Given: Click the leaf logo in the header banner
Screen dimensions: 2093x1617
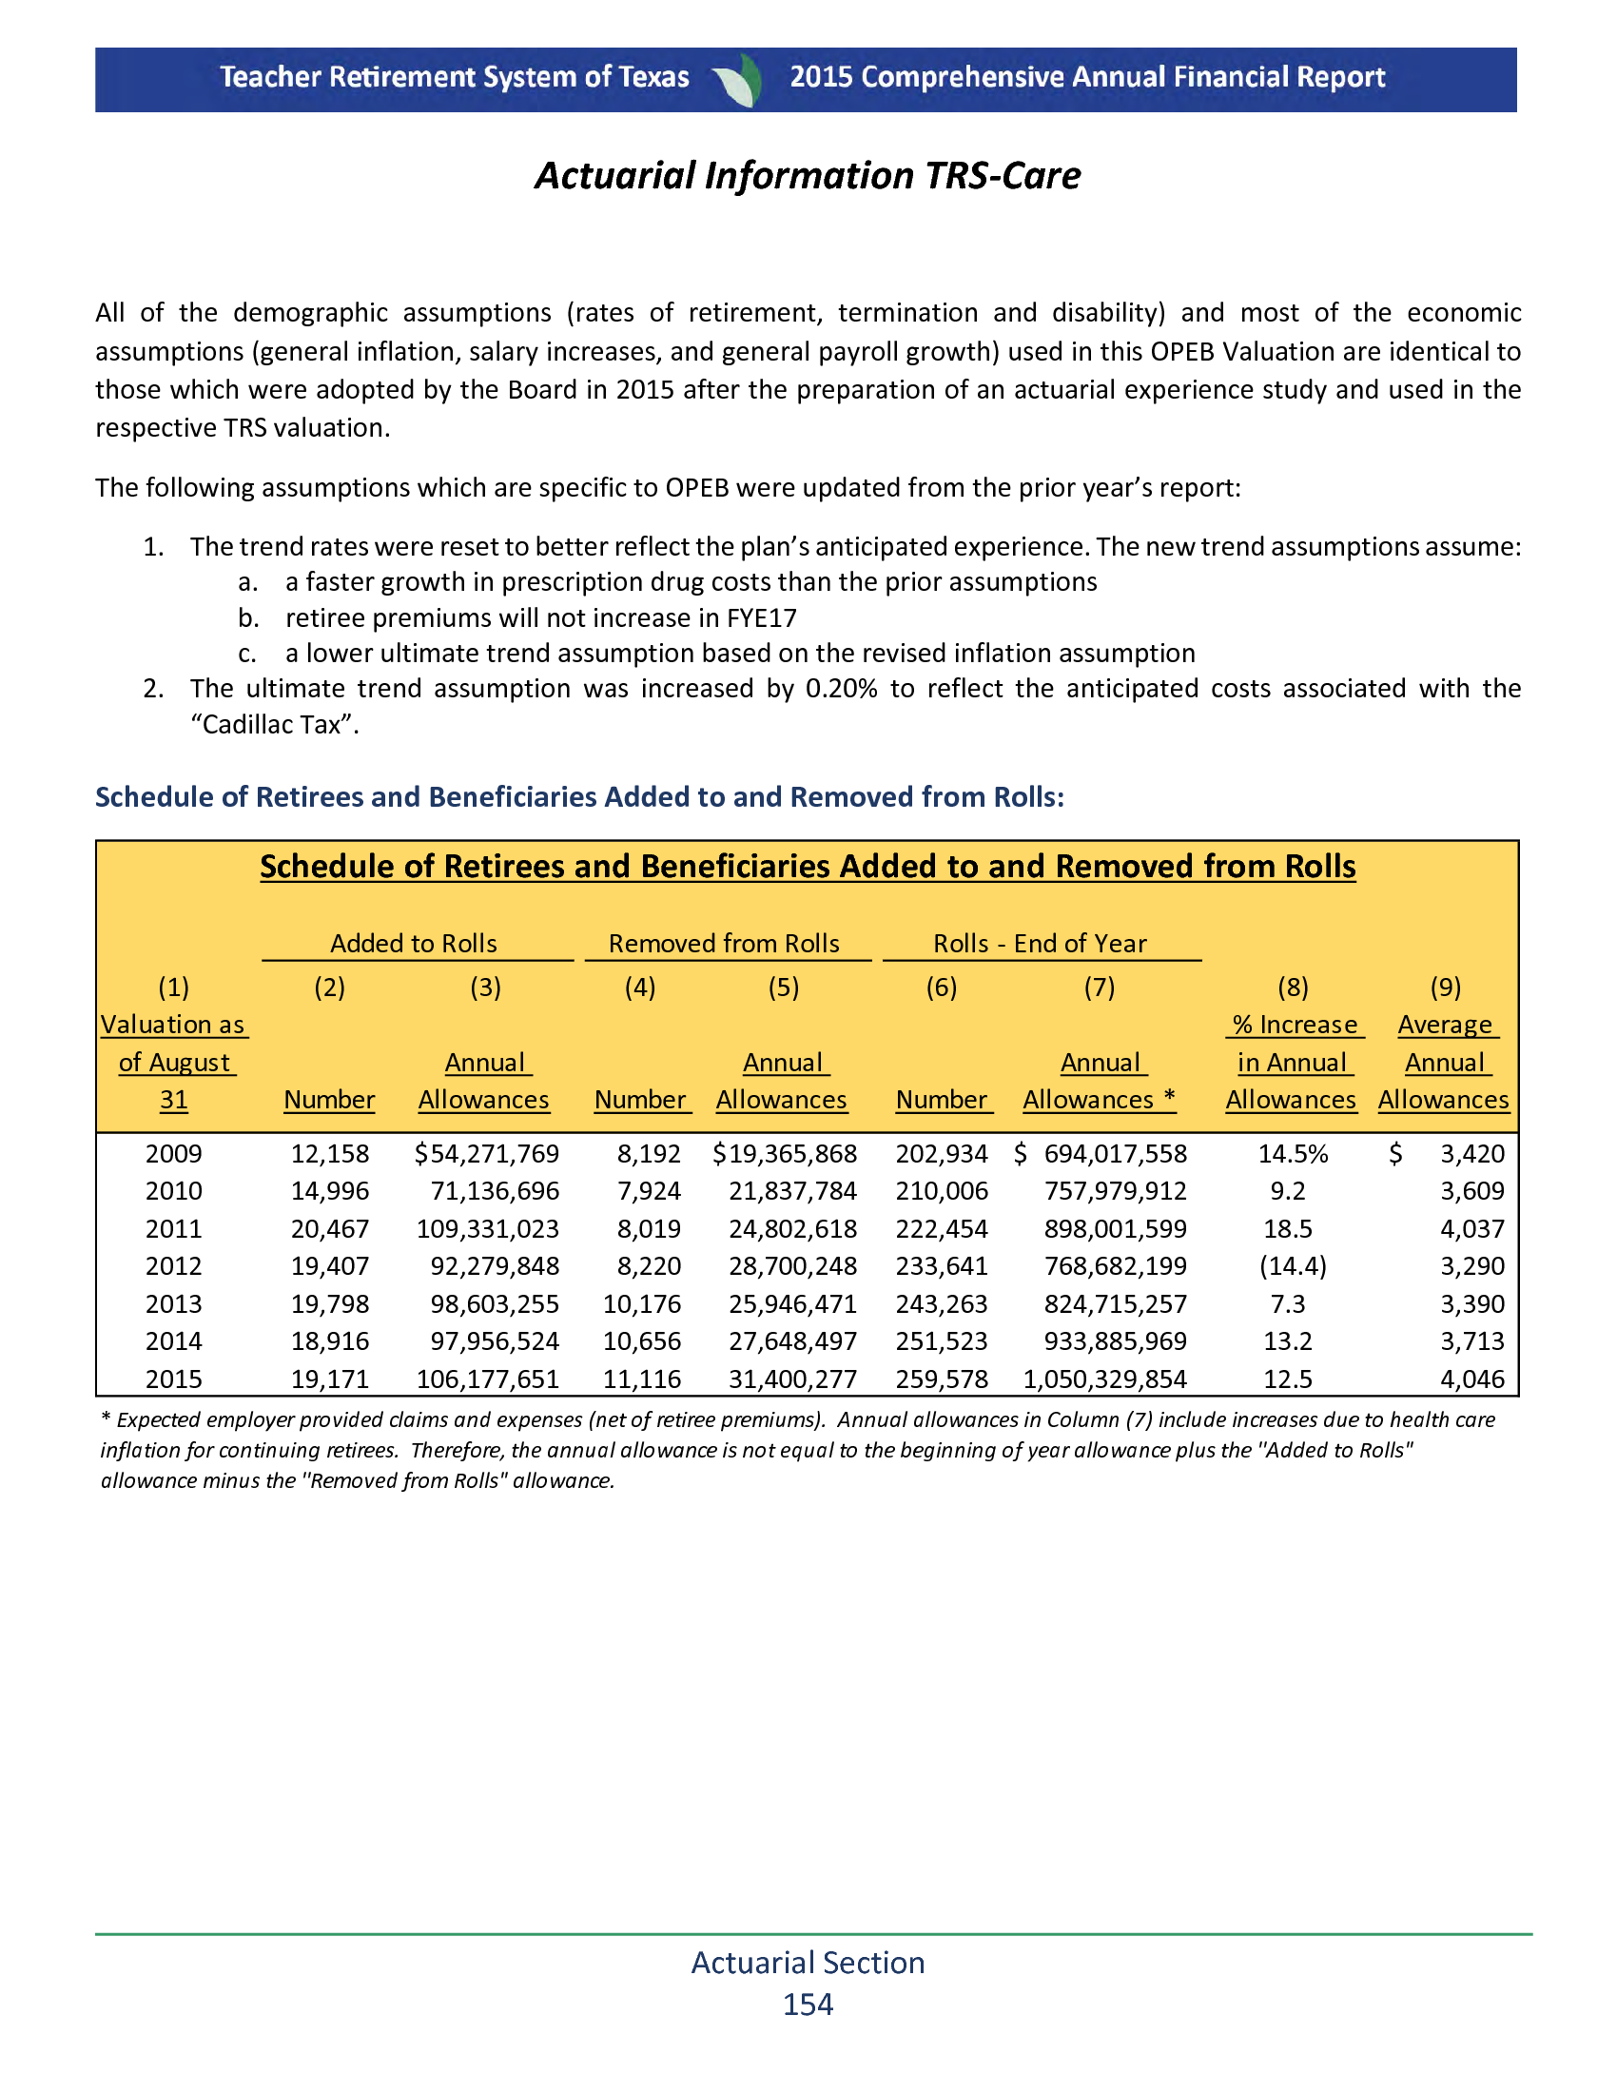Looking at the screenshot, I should pos(738,80).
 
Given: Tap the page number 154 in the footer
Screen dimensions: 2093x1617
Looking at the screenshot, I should pos(808,2004).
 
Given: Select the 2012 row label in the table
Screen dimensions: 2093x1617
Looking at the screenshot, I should pos(173,1266).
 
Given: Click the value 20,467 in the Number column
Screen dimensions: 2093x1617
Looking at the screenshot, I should pos(329,1228).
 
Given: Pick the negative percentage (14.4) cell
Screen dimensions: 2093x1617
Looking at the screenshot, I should pos(1293,1266).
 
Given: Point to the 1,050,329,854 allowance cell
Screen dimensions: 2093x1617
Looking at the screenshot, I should pos(1104,1379).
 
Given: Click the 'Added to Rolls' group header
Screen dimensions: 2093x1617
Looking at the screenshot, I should pos(414,943).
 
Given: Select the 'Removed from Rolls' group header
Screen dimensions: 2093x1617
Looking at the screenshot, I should pos(724,943).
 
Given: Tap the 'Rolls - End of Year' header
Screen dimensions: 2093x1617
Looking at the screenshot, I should pos(1040,943).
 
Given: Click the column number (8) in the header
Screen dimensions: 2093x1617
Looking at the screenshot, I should pos(1293,988).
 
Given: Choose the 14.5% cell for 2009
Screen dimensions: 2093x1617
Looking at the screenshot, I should pos(1293,1154).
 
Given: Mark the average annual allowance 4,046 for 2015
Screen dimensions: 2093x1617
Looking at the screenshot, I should pos(1472,1379).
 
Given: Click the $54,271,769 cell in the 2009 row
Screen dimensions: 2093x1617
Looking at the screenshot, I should pos(487,1154).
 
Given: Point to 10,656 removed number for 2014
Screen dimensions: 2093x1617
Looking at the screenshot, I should pos(642,1340).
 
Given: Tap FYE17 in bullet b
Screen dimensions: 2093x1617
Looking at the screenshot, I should pos(761,618).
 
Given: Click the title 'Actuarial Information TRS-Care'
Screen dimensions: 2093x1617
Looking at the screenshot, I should pos(808,175).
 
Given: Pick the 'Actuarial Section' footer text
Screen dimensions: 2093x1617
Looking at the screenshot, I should pos(808,1962).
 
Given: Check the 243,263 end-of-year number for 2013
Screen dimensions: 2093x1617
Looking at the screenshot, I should pos(941,1303).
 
